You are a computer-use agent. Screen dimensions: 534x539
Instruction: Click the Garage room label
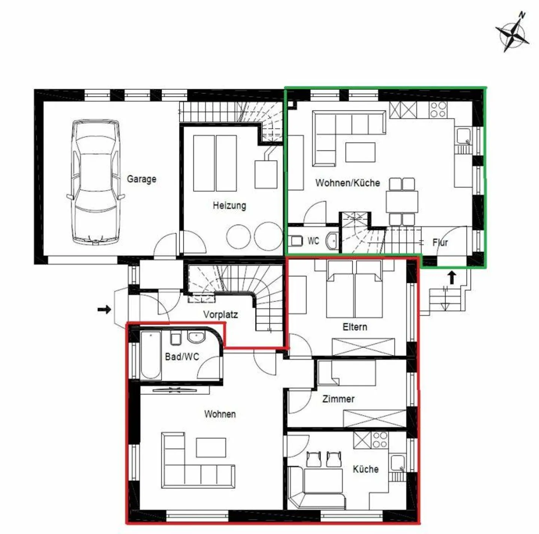[x=141, y=179]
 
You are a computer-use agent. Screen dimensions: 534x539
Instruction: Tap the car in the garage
[x=96, y=182]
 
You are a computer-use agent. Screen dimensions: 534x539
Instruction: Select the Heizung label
[x=229, y=205]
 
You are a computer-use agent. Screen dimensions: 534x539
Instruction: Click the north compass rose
[x=512, y=33]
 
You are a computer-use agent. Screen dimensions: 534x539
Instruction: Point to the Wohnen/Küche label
[x=347, y=183]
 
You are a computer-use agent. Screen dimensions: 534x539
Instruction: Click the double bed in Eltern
[x=354, y=289]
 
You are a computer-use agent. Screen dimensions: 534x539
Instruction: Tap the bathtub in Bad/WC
[x=151, y=355]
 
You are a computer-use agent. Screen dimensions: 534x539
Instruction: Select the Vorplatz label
[x=220, y=314]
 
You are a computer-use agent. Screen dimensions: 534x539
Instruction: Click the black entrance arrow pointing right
[x=104, y=309]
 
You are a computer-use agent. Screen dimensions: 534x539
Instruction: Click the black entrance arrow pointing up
[x=452, y=277]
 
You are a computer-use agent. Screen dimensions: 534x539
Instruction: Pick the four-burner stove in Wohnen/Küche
[x=438, y=109]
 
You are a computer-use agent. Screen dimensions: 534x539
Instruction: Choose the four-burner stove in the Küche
[x=380, y=440]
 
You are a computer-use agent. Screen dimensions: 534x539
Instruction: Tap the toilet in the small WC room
[x=296, y=240]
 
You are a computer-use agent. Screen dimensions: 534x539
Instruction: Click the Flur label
[x=440, y=243]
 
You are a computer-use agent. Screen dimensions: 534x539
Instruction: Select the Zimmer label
[x=338, y=399]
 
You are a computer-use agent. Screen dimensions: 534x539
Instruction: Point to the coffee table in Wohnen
[x=211, y=448]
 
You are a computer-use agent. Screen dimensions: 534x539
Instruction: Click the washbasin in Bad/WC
[x=196, y=337]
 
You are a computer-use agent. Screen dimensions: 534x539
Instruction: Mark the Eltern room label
[x=354, y=327]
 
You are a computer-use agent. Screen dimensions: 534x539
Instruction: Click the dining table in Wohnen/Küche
[x=402, y=202]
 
